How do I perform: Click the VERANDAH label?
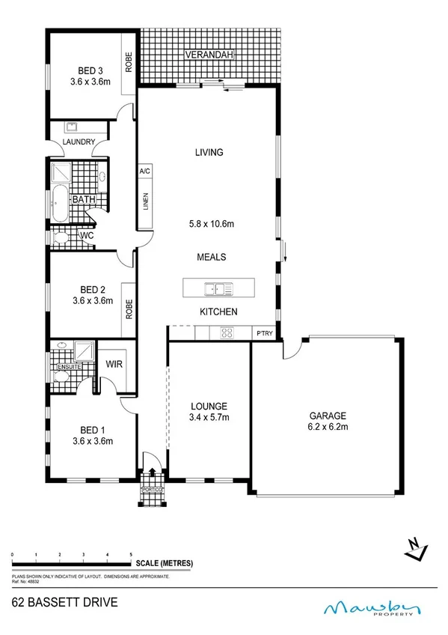click(x=211, y=55)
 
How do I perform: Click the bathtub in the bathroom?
click(x=59, y=200)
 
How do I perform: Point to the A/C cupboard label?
click(x=145, y=171)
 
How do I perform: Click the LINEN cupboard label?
click(x=145, y=202)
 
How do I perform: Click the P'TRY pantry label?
click(x=263, y=333)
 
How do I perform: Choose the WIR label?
click(x=115, y=364)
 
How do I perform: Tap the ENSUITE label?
click(x=67, y=367)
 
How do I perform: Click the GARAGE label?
click(x=325, y=416)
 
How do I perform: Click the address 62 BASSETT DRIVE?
click(x=64, y=602)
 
